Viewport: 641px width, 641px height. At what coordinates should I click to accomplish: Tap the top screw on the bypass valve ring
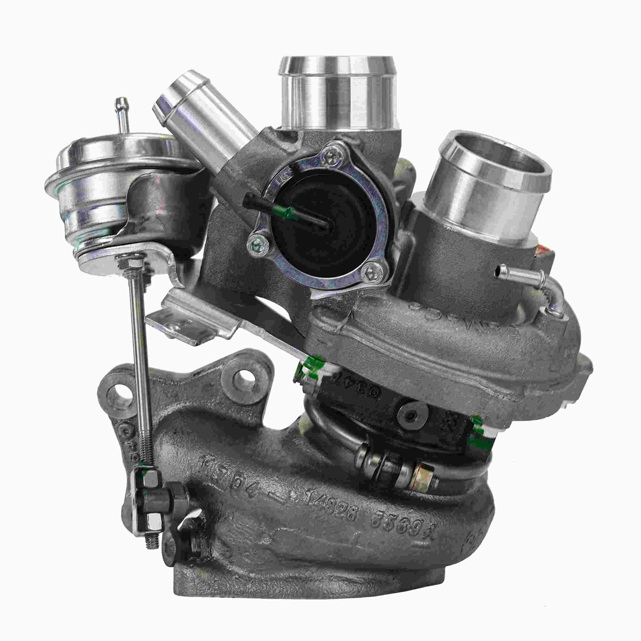(x=332, y=153)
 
